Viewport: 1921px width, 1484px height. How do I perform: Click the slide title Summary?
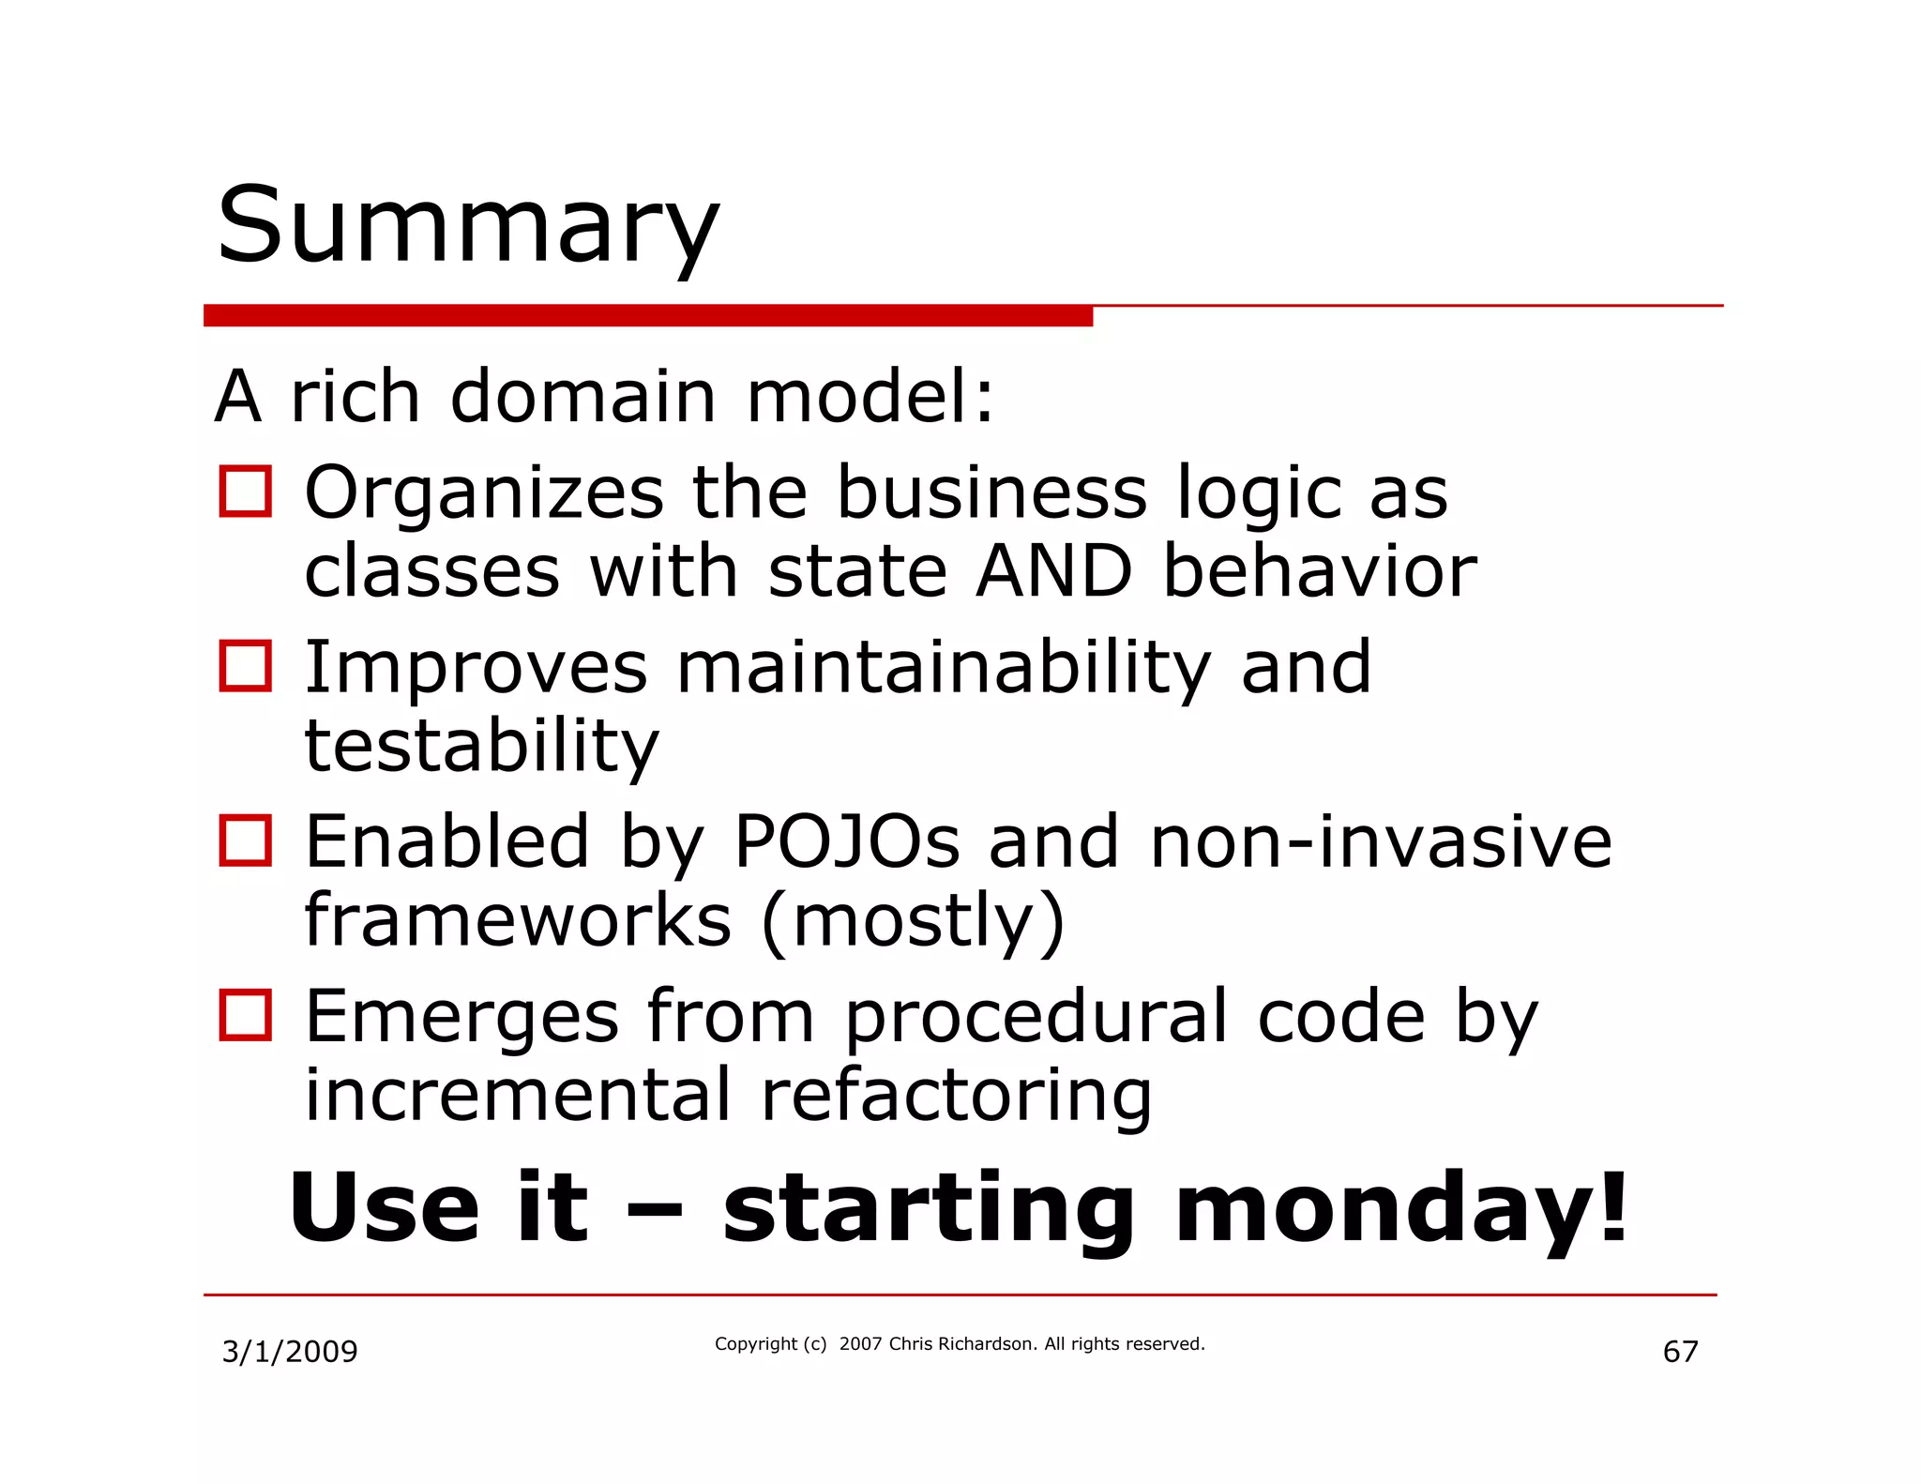(x=467, y=227)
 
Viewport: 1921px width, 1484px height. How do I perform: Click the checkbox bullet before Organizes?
(x=245, y=492)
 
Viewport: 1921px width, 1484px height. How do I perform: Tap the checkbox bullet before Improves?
(x=245, y=666)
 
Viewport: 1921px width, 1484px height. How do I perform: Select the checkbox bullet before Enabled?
(x=245, y=840)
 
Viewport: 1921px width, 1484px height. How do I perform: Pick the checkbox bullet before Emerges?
(x=245, y=1015)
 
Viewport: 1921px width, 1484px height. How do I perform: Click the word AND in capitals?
(x=1053, y=571)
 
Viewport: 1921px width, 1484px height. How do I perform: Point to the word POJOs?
(x=846, y=841)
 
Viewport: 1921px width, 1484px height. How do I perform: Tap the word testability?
(x=482, y=747)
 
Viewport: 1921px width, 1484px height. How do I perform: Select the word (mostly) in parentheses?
(x=913, y=921)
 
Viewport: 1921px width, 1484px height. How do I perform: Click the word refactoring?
(x=956, y=1096)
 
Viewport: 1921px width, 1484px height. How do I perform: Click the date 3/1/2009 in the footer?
(x=289, y=1352)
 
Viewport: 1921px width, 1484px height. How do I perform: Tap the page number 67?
(x=1680, y=1352)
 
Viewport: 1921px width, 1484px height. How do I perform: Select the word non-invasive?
(x=1380, y=841)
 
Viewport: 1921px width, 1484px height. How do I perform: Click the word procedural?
(x=1036, y=1017)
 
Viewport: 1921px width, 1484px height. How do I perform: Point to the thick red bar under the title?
(x=647, y=316)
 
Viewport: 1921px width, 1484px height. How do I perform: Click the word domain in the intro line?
(x=583, y=397)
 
